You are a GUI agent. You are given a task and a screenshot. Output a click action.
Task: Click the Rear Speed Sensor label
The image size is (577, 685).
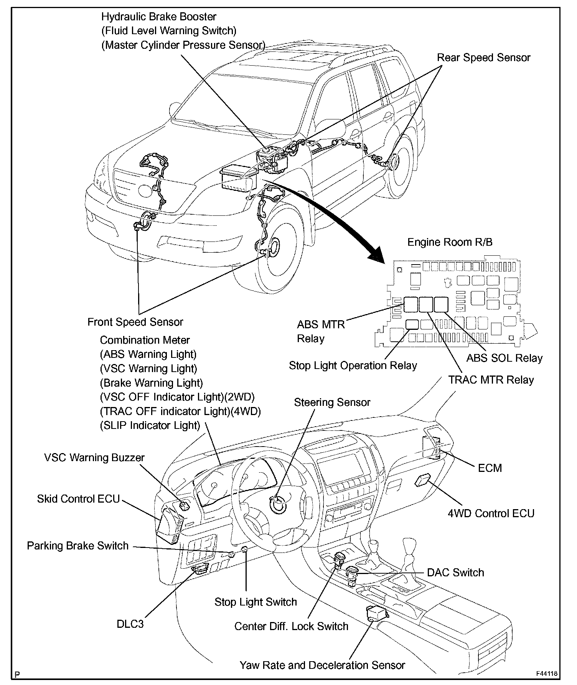(483, 58)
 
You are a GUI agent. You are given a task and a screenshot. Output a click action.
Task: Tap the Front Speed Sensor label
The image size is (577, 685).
(135, 322)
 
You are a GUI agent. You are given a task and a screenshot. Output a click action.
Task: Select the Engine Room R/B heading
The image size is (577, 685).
(450, 242)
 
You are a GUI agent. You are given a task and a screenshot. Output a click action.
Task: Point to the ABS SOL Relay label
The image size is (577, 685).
(504, 358)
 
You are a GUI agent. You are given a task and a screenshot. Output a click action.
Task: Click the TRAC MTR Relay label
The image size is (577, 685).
(491, 380)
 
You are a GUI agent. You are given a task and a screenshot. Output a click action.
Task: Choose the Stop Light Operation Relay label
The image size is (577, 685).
(353, 366)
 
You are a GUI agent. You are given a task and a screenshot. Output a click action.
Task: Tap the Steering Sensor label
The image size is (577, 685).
(332, 402)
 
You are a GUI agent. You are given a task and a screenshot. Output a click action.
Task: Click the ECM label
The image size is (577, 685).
(490, 468)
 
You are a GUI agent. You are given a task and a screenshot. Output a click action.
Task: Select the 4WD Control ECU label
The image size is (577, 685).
(491, 513)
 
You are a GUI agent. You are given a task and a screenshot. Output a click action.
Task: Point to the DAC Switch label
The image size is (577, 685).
(455, 572)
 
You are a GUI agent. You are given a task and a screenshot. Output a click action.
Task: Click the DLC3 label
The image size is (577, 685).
(130, 624)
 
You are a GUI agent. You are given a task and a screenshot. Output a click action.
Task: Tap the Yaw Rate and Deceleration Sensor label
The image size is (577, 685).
(322, 665)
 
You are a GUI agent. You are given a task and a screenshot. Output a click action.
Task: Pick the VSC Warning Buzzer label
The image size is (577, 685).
(94, 458)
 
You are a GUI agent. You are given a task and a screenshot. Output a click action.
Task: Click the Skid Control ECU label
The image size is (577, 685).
(78, 499)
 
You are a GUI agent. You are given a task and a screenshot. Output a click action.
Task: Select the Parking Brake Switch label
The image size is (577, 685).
(77, 546)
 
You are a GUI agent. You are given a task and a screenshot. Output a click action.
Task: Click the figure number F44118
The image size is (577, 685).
(547, 673)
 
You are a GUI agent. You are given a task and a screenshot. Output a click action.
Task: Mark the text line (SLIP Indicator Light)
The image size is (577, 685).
(150, 425)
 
